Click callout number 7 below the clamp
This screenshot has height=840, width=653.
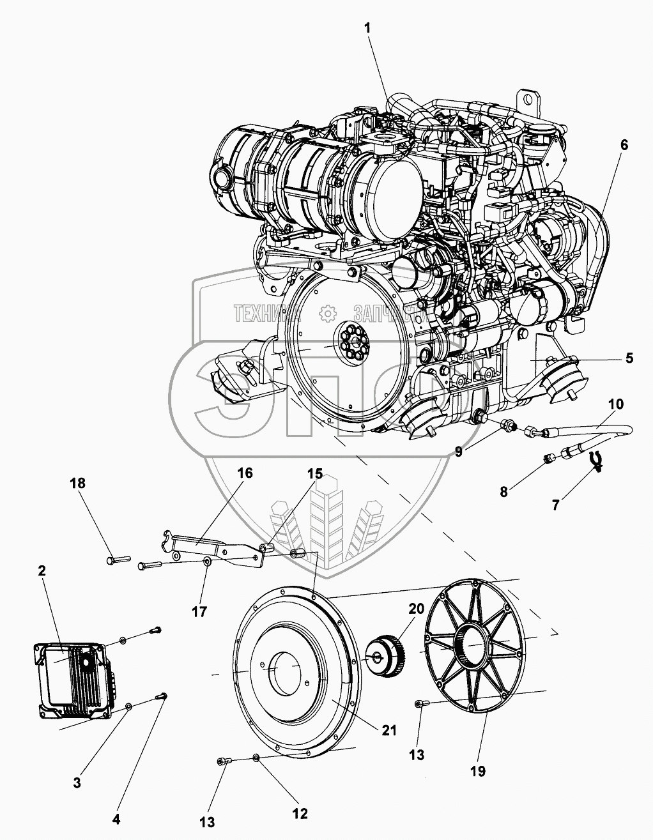pyautogui.click(x=555, y=505)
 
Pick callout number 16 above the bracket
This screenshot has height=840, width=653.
pyautogui.click(x=245, y=473)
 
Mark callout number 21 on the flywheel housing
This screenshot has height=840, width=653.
pyautogui.click(x=389, y=730)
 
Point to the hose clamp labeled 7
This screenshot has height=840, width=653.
pyautogui.click(x=597, y=460)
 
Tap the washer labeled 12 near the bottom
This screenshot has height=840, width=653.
pyautogui.click(x=256, y=758)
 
